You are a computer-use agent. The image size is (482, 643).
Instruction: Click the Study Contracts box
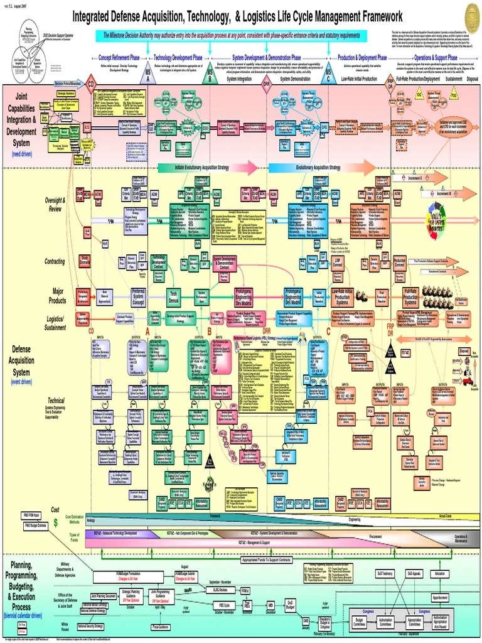[85, 261]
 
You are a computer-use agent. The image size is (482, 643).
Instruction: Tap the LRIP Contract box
[338, 263]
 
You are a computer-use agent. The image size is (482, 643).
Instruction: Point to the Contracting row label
[55, 261]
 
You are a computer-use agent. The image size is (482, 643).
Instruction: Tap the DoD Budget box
[291, 605]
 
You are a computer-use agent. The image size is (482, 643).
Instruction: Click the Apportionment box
[439, 597]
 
